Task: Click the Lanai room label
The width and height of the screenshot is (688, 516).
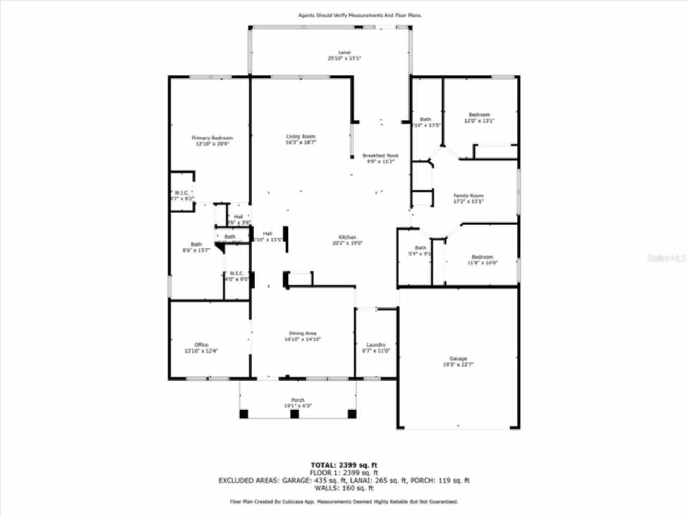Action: click(344, 52)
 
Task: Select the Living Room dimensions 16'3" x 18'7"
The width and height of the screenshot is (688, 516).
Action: click(301, 142)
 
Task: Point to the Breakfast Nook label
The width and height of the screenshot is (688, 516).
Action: click(381, 155)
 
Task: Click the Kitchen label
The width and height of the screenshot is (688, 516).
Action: click(347, 237)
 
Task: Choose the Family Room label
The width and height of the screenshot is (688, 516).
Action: click(468, 196)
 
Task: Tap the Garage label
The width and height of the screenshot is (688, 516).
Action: click(458, 359)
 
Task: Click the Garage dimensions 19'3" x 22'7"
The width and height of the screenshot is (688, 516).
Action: click(458, 364)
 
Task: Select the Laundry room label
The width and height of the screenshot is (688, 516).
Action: click(376, 345)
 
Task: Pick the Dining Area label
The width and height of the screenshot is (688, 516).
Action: click(303, 333)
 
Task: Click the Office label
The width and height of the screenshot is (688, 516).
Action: click(201, 345)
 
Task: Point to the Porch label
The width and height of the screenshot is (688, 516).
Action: click(298, 400)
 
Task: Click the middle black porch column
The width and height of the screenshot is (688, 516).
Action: click(294, 414)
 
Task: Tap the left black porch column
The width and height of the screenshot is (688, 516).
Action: click(244, 414)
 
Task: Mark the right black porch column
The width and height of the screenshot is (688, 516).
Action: click(352, 414)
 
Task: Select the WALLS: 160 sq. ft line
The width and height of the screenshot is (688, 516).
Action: click(343, 488)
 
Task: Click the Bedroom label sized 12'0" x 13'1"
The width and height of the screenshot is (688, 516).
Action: click(479, 114)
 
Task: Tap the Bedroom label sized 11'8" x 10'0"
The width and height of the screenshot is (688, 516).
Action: click(482, 257)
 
